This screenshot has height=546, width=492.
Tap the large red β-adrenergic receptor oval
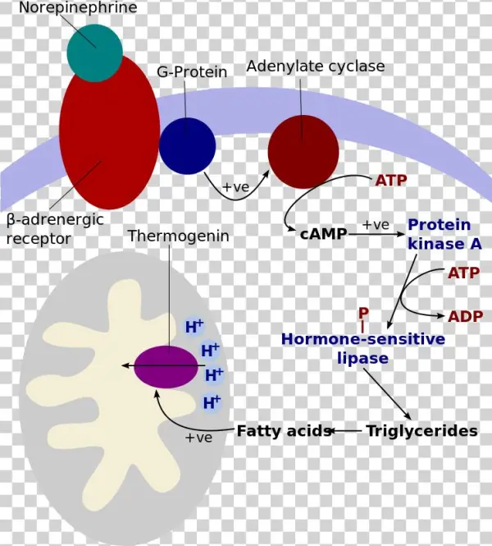[x=109, y=131]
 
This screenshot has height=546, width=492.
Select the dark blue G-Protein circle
[x=187, y=145]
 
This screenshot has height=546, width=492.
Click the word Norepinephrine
[x=78, y=8]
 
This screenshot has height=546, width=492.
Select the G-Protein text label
[x=192, y=72]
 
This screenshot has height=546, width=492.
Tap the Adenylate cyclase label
[x=315, y=66]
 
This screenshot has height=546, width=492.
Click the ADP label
[x=465, y=317]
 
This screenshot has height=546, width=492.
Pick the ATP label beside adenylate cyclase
[x=391, y=180]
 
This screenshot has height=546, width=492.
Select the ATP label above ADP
[x=464, y=273]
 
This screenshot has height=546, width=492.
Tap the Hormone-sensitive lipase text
[x=363, y=348]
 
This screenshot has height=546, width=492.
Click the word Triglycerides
[x=421, y=430]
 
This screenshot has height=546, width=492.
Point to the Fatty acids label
[x=284, y=430]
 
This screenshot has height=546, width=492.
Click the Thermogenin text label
[x=178, y=236]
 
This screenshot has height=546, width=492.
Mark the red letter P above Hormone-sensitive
[x=363, y=313]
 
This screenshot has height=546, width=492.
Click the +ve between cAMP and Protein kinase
[x=376, y=224]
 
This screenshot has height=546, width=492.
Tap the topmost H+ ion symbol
[x=194, y=326]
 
